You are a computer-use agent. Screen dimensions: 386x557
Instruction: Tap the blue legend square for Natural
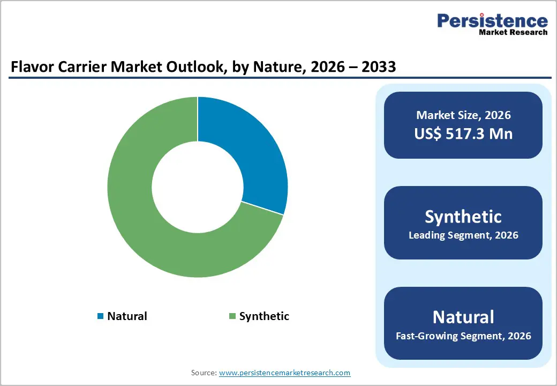tap(100, 316)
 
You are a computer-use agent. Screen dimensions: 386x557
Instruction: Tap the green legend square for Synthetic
tap(232, 316)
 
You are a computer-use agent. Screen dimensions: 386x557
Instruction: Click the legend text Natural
tap(127, 316)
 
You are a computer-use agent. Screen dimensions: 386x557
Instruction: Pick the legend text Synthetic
tap(264, 316)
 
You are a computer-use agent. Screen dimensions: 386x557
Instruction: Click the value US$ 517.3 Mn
tap(463, 133)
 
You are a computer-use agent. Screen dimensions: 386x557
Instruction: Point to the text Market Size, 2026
tap(463, 115)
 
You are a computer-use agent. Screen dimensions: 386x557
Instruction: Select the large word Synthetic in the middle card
tap(463, 217)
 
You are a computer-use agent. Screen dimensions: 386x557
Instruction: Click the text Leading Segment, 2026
tap(463, 235)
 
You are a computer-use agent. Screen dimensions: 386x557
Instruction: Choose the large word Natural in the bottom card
tap(463, 317)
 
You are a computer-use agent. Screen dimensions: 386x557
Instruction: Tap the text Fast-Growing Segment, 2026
tap(463, 336)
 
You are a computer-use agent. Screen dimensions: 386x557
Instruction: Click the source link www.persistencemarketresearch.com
tap(285, 373)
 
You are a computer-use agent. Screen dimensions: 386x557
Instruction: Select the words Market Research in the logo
tap(513, 32)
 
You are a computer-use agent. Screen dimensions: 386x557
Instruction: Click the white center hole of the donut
tap(197, 187)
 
